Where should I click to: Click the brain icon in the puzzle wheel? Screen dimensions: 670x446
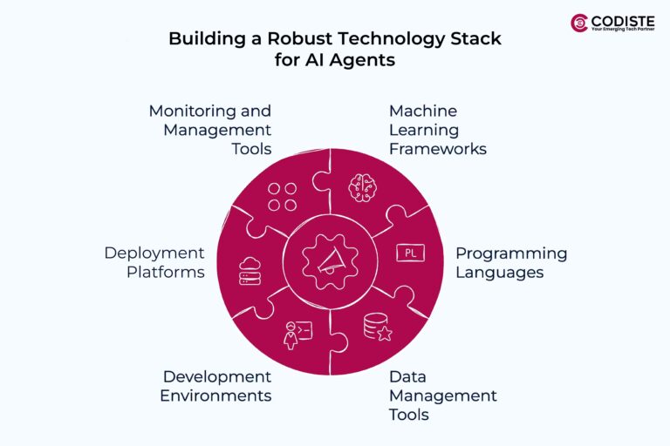pyautogui.click(x=363, y=187)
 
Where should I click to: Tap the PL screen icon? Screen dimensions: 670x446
pyautogui.click(x=410, y=253)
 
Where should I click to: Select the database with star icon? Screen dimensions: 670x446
pyautogui.click(x=378, y=328)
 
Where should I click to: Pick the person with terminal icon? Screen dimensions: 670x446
pyautogui.click(x=297, y=335)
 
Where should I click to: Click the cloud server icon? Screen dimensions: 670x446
pyautogui.click(x=250, y=271)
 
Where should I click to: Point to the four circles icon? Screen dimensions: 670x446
pyautogui.click(x=282, y=197)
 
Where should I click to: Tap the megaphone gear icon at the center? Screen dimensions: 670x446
pyautogui.click(x=330, y=261)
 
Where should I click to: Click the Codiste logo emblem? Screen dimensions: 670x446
pyautogui.click(x=579, y=23)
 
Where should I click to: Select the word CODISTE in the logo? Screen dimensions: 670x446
pyautogui.click(x=623, y=21)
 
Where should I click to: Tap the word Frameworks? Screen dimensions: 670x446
pyautogui.click(x=438, y=149)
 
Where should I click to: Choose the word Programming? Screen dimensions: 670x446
pyautogui.click(x=511, y=253)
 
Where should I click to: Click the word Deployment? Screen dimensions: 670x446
pyautogui.click(x=154, y=253)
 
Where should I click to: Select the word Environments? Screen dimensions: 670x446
pyautogui.click(x=215, y=395)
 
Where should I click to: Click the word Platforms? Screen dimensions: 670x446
pyautogui.click(x=166, y=273)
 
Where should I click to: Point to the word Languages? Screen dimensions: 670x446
pyautogui.click(x=500, y=273)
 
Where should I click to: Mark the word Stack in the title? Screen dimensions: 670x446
pyautogui.click(x=475, y=38)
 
